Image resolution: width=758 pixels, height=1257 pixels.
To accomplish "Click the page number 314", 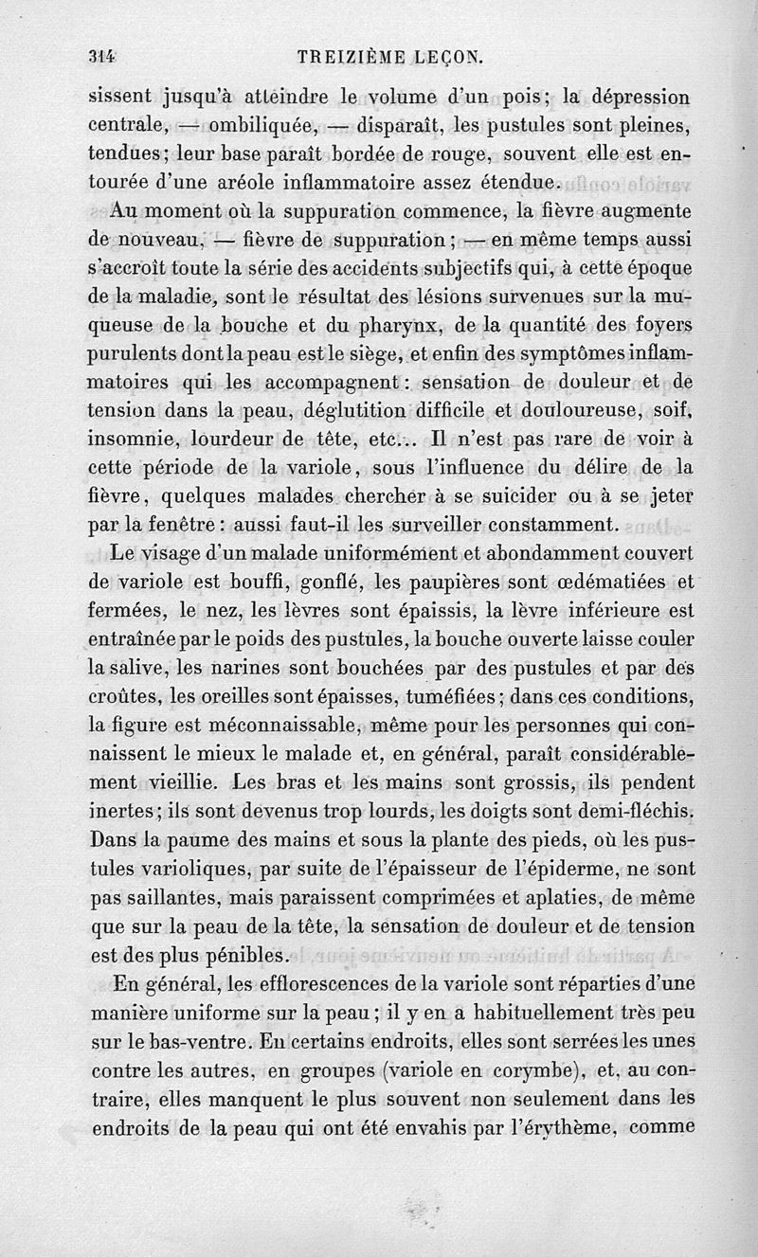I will click(101, 56).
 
